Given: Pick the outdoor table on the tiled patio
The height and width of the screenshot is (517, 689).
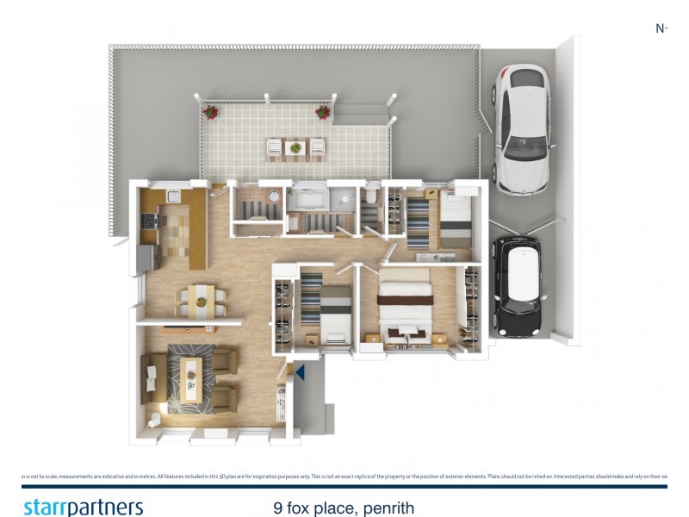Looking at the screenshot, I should [296, 148].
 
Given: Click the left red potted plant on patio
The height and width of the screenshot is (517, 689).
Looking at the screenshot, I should [210, 112].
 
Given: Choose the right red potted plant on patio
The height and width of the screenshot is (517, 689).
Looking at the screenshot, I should [323, 111].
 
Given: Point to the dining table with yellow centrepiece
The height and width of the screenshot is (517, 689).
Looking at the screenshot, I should [202, 302].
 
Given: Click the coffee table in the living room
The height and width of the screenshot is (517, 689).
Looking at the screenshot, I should [189, 377].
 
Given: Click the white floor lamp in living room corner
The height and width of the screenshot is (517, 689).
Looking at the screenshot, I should [152, 420].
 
